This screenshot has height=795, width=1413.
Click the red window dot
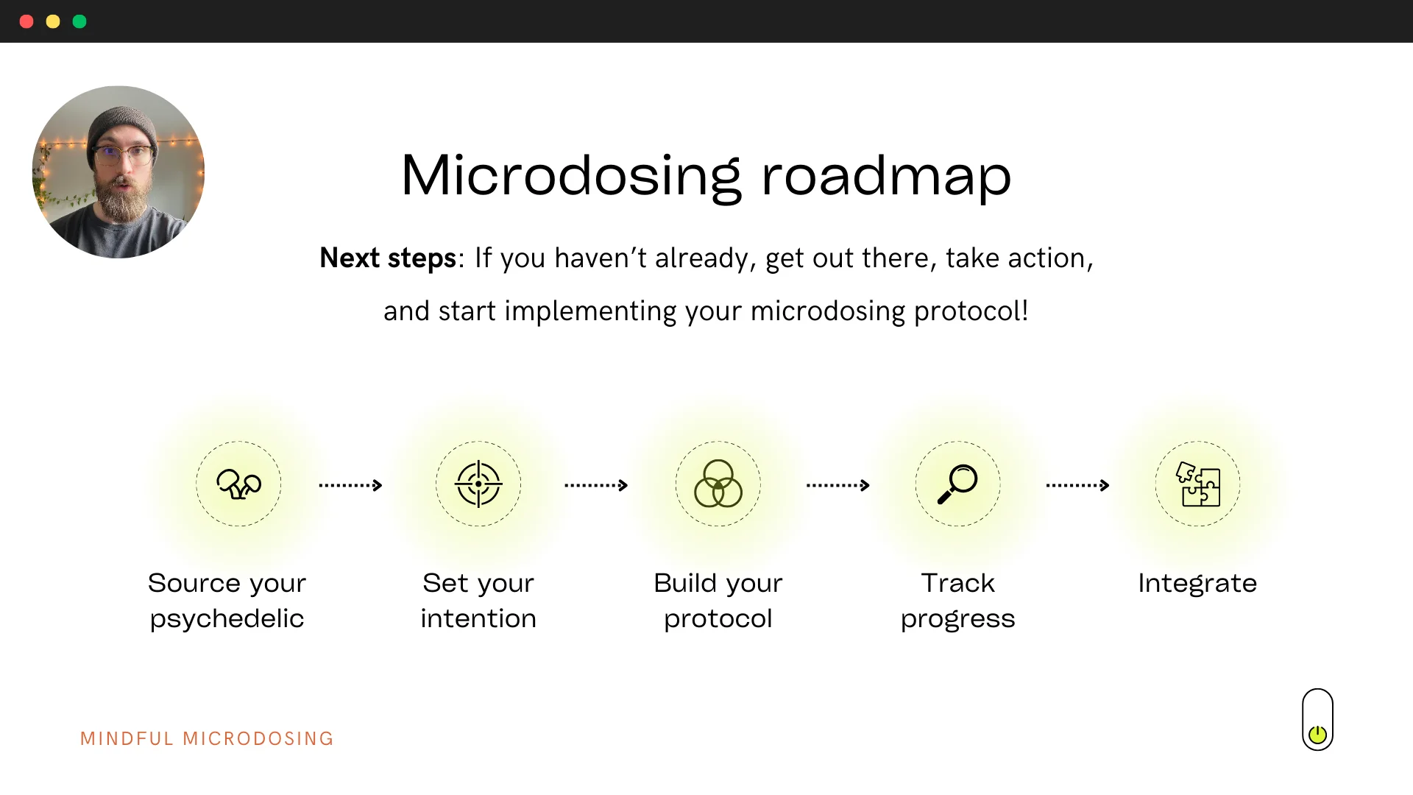(26, 21)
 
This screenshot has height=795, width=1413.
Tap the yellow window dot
(53, 21)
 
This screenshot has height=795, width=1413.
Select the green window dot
(79, 21)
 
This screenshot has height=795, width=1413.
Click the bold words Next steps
(388, 258)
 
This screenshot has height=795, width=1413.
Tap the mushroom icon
(238, 484)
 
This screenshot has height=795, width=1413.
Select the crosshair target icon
(478, 484)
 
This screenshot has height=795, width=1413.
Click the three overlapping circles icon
(718, 484)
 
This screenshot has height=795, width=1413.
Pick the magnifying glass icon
(957, 484)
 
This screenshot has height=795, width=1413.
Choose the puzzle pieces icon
(1197, 484)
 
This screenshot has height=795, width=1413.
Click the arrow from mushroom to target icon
(350, 485)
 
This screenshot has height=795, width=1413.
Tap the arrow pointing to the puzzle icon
(1077, 485)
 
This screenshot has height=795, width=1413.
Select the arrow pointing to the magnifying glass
(838, 485)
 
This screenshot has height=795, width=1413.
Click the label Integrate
(1197, 584)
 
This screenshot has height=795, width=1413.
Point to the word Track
(957, 583)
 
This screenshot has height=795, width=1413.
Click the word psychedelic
(227, 619)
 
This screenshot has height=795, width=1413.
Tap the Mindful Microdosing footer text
(207, 738)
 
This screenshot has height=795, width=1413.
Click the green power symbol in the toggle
(1317, 734)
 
